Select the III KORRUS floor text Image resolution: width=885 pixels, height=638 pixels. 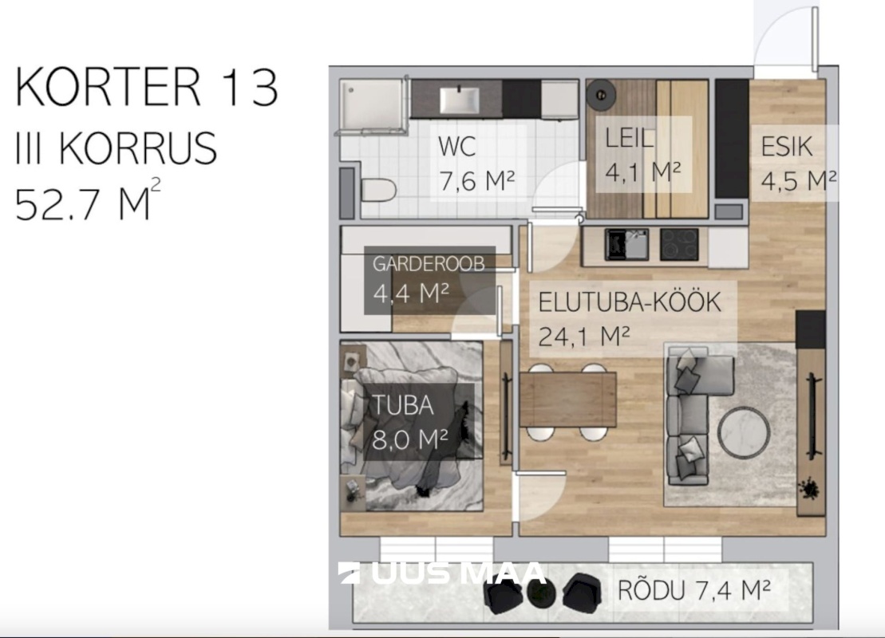point(117,148)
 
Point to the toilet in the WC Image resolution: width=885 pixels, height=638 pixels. point(378,190)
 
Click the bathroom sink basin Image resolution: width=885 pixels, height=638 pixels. point(460,99)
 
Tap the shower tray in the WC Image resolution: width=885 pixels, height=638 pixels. point(373,105)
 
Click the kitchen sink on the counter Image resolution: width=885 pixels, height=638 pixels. point(626,244)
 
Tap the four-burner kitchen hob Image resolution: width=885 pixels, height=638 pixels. point(679,244)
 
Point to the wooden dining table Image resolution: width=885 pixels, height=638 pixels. point(568,400)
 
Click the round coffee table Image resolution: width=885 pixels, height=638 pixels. point(743,431)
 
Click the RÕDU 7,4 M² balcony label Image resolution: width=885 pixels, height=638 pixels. point(694,590)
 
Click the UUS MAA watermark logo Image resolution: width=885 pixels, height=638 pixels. point(442,573)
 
